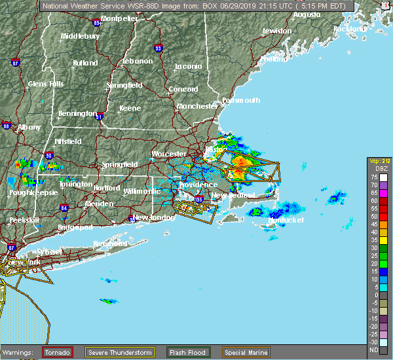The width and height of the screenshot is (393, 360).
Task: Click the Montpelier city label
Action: pyautogui.click(x=119, y=18)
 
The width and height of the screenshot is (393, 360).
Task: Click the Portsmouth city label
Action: pyautogui.click(x=241, y=100)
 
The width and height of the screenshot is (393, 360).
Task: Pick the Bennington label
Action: pyautogui.click(x=77, y=113)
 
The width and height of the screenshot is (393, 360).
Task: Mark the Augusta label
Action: pyautogui.click(x=307, y=14)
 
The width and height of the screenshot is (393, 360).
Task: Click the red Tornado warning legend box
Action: pyautogui.click(x=58, y=353)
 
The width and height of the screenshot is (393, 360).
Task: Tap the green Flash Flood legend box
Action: pyautogui.click(x=187, y=353)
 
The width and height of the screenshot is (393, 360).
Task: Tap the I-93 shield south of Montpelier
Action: pyautogui.click(x=158, y=48)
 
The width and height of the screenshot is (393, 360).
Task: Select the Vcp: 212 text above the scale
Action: pyautogui.click(x=379, y=161)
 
